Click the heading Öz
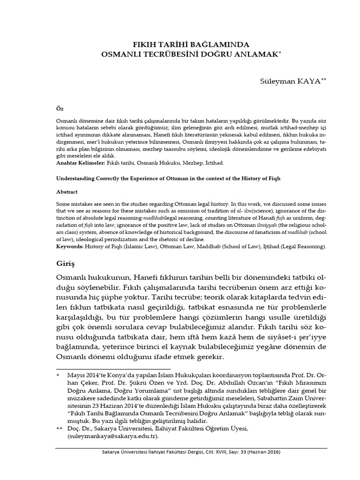59,108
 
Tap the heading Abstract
67,192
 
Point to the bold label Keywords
70,246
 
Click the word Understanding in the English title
75,179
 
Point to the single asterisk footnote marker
58,376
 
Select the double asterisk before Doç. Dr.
59,428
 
